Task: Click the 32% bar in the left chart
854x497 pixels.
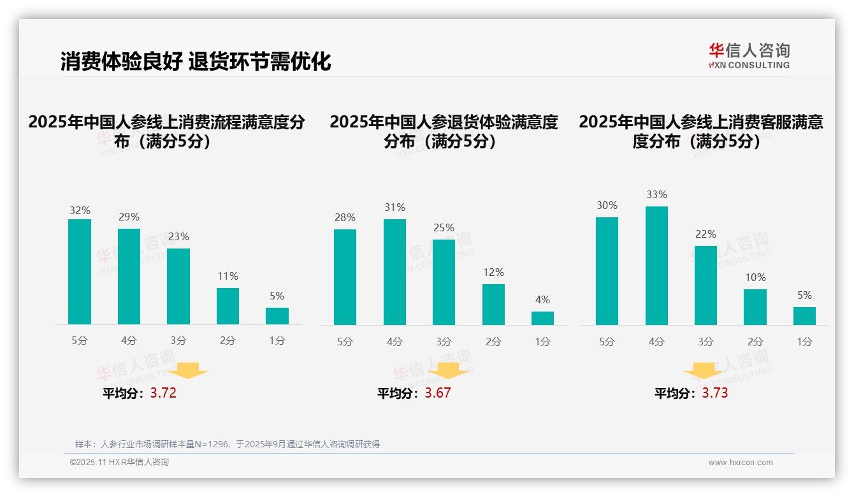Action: pos(80,272)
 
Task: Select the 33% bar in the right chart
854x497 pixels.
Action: pos(656,266)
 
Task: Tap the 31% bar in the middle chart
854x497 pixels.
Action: pos(394,272)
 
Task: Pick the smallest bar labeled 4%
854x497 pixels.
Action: pos(542,318)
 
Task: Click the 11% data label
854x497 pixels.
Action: pos(228,277)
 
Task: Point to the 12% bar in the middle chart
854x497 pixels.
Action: pos(493,305)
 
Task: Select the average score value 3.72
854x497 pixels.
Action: pos(163,393)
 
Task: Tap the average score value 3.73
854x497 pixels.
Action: pos(714,393)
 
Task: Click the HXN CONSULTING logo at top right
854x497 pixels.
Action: pos(749,56)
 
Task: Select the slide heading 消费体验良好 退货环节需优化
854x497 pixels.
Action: pos(196,62)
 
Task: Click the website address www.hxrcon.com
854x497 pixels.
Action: pos(740,463)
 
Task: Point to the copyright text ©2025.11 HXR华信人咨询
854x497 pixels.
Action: pos(119,463)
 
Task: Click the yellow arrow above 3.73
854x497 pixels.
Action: pos(704,371)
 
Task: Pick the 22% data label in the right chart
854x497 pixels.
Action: pos(706,234)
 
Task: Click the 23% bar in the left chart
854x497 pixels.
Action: pos(178,287)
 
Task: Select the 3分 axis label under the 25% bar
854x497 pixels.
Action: pos(444,342)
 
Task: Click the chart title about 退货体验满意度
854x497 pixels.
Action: pos(444,131)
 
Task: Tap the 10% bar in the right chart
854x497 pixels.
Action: pos(755,307)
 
